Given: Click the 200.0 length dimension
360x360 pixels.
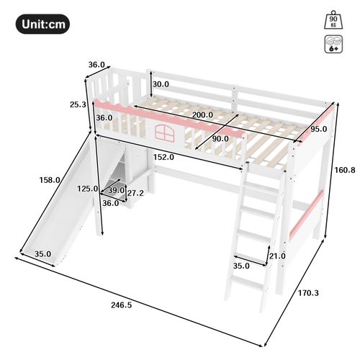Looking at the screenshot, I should pos(202,114).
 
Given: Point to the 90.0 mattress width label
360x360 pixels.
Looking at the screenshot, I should pos(219,138).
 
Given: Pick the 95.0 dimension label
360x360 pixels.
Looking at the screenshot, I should pos(318,129).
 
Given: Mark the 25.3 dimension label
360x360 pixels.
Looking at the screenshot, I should pos(77,104).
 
